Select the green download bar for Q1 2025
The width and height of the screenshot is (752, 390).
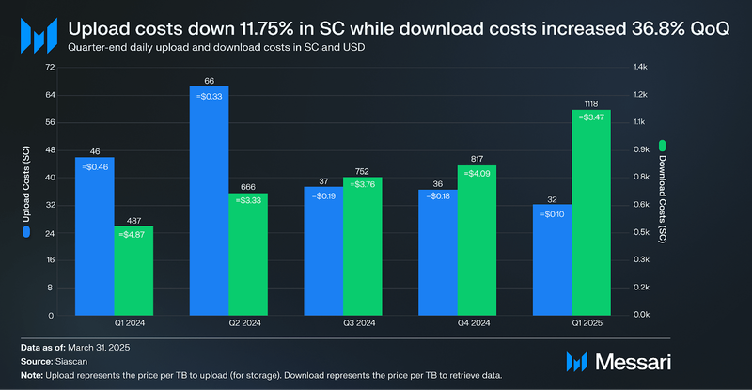point(591,216)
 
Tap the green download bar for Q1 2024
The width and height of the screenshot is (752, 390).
point(133,273)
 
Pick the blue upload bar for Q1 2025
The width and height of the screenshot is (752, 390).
point(552,263)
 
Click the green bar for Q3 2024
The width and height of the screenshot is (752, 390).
point(362,249)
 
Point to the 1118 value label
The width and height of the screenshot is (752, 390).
point(591,103)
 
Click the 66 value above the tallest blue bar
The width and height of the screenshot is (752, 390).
point(209,80)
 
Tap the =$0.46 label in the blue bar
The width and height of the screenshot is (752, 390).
point(95,166)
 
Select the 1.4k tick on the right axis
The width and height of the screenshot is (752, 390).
point(641,68)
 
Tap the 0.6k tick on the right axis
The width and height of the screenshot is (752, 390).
point(641,205)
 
